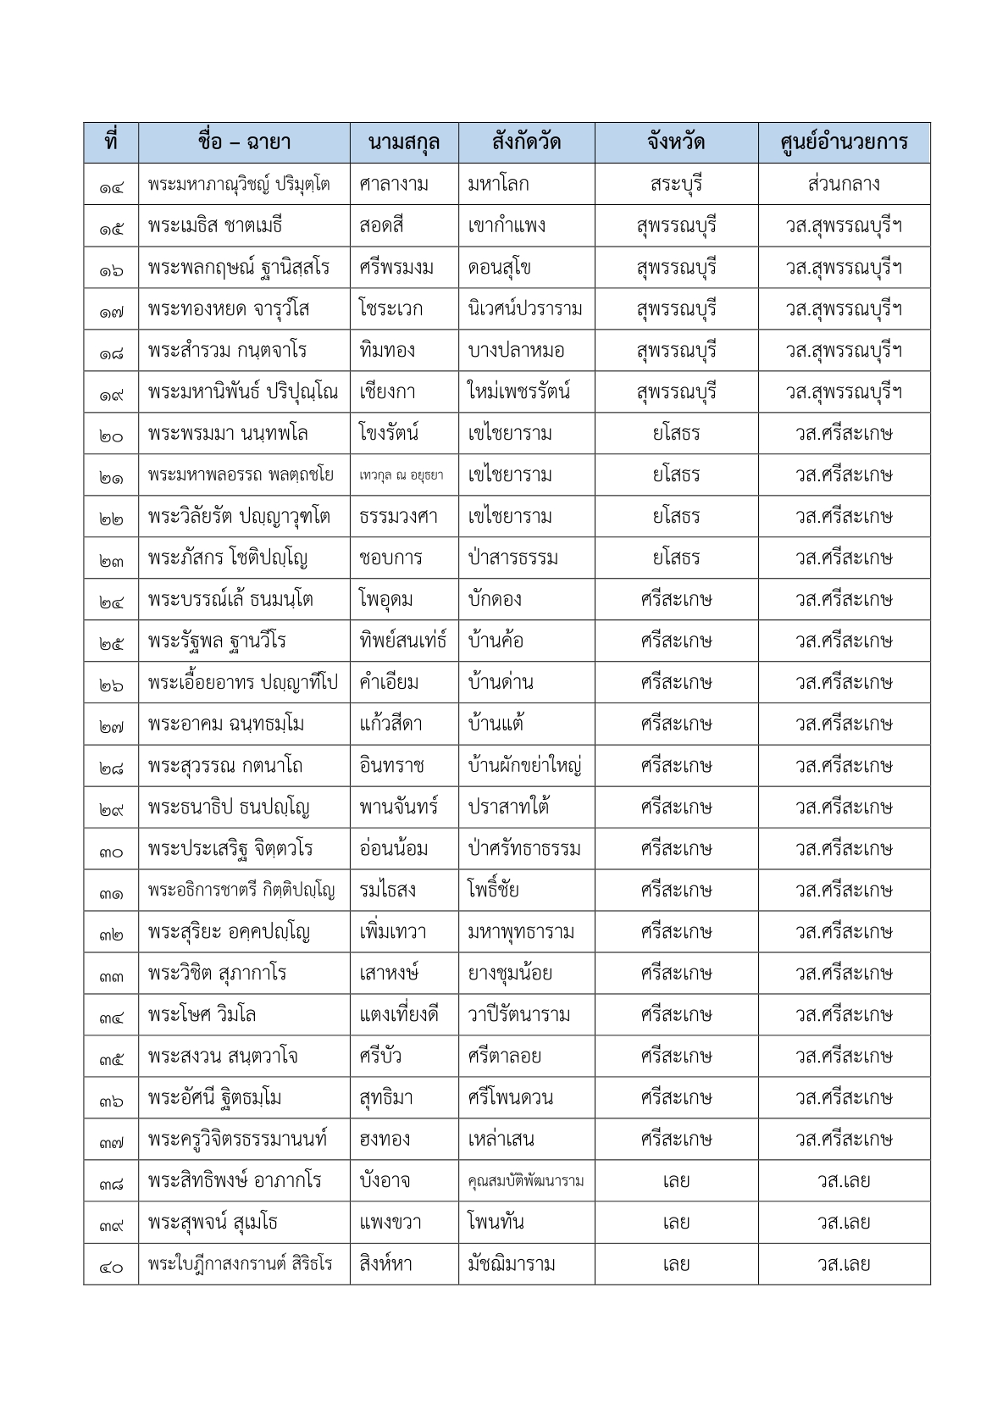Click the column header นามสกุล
(x=404, y=142)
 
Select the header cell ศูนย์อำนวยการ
(x=844, y=142)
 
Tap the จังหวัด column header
(x=676, y=142)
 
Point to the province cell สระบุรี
(x=676, y=184)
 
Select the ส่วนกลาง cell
(x=844, y=184)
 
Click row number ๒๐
(x=111, y=434)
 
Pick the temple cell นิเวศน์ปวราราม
(x=525, y=309)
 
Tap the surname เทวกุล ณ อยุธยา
(x=401, y=475)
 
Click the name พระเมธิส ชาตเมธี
(x=214, y=226)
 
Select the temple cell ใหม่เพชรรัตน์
(x=518, y=392)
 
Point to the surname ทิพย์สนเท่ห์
(x=402, y=641)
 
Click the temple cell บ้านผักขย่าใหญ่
(x=524, y=766)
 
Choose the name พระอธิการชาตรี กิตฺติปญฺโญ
(x=241, y=891)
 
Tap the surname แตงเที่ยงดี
(x=399, y=1015)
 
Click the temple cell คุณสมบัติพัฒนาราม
(x=525, y=1181)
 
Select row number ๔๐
(x=111, y=1265)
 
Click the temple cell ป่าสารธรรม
(x=512, y=558)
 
